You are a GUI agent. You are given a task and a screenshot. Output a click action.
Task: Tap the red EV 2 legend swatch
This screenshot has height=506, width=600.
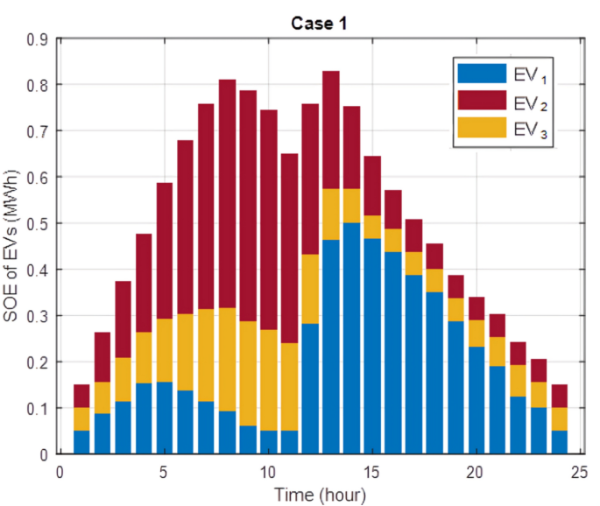[481, 103]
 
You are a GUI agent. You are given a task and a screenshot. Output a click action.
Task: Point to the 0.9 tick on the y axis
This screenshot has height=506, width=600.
[37, 39]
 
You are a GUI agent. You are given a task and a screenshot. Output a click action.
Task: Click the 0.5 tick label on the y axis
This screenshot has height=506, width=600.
[37, 223]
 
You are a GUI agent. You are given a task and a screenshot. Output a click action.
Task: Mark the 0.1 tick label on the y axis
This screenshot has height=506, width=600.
[37, 408]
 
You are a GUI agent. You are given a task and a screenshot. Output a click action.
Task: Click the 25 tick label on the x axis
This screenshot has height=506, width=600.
[578, 471]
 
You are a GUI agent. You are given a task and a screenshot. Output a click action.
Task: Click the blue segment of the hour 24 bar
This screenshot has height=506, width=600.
[558, 442]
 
